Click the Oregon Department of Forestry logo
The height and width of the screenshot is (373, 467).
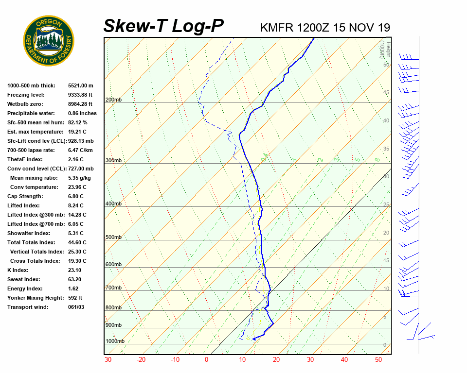tap(49, 41)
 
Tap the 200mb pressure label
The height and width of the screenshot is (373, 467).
tap(113, 100)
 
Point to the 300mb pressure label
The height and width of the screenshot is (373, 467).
tap(113, 160)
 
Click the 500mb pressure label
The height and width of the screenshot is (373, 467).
tap(113, 237)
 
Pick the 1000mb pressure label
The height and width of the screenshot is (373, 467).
tap(115, 341)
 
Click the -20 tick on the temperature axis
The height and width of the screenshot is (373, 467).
tap(141, 360)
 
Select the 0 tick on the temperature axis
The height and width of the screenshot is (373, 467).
tap(206, 360)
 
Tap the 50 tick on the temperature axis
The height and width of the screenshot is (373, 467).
tap(378, 360)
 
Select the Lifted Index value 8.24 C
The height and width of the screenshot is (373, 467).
tap(77, 205)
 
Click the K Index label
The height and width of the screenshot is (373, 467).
tap(18, 270)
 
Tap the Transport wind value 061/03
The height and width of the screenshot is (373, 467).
tap(76, 307)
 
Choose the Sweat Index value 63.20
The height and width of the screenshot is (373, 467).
tap(75, 279)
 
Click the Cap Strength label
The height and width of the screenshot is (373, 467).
tap(25, 196)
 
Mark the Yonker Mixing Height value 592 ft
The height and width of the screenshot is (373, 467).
tap(75, 298)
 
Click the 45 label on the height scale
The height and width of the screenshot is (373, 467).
tap(386, 92)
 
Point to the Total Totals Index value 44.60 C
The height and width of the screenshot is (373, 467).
tap(77, 242)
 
